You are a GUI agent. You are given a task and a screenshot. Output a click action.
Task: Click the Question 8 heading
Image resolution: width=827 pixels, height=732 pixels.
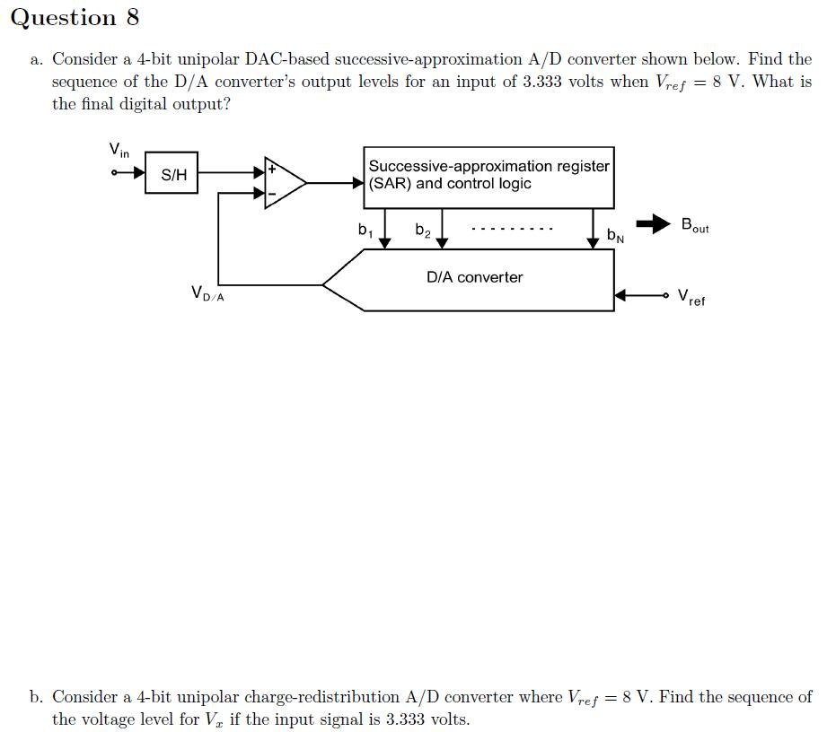pyautogui.click(x=75, y=18)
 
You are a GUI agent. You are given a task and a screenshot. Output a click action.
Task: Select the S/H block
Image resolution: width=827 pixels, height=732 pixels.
pyautogui.click(x=172, y=175)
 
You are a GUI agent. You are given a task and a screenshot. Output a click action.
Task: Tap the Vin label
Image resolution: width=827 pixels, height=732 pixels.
pyautogui.click(x=119, y=150)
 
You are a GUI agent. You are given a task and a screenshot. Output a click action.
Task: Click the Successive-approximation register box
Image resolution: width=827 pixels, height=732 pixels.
pyautogui.click(x=488, y=177)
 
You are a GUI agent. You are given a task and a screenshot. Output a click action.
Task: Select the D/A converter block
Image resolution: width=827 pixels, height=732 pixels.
pyautogui.click(x=473, y=278)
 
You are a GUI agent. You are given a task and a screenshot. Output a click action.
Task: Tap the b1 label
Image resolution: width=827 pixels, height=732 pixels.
pyautogui.click(x=364, y=230)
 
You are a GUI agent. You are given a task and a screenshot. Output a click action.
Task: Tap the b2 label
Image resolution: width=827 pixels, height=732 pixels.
pyautogui.click(x=422, y=231)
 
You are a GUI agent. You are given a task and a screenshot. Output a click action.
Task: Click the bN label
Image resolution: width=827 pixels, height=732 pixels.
pyautogui.click(x=615, y=236)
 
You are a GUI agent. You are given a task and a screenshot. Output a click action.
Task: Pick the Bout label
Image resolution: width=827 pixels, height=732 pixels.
pyautogui.click(x=694, y=225)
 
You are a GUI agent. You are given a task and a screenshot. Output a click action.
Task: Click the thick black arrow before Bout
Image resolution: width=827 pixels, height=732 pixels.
pyautogui.click(x=654, y=223)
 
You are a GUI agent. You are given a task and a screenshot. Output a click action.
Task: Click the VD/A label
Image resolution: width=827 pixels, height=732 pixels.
pyautogui.click(x=207, y=292)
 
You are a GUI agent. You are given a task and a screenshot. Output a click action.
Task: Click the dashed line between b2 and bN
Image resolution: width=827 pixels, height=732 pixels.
pyautogui.click(x=511, y=229)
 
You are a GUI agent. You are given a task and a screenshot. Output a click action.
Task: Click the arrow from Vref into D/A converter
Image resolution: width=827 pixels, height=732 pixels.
pyautogui.click(x=639, y=295)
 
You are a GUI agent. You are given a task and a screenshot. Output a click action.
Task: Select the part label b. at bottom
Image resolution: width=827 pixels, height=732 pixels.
pyautogui.click(x=36, y=697)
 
